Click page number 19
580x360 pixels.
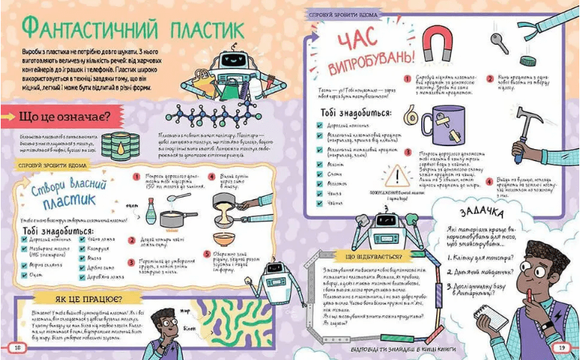pos(561,347)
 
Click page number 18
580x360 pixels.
pos(16,347)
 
